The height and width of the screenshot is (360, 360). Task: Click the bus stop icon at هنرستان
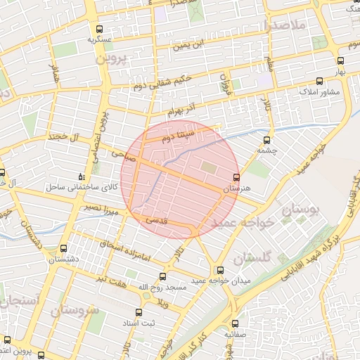point(236,176)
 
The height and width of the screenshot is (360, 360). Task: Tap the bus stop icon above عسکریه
point(99,30)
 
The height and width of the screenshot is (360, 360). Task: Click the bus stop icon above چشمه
point(266,139)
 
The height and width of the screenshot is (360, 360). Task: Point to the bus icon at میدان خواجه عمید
point(220,270)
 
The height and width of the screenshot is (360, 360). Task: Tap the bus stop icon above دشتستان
point(64,248)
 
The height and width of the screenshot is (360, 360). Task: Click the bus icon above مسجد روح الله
point(163,276)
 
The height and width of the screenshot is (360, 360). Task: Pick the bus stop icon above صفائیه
point(235,324)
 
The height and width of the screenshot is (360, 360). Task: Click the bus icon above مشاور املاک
point(320,80)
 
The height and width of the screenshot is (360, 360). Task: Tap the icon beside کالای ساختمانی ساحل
point(82,176)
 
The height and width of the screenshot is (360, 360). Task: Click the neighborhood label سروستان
point(74,309)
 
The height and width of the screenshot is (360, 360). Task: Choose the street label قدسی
point(156,220)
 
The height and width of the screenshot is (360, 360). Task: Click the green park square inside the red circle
point(210,167)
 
